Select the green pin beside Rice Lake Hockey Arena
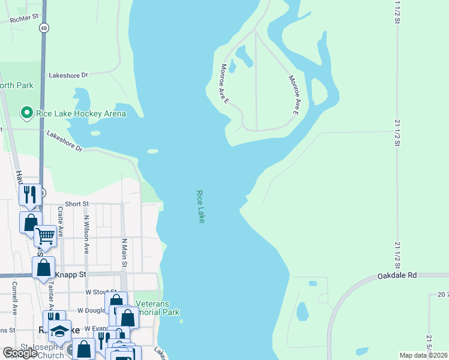point(26,112)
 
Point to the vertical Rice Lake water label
point(200,207)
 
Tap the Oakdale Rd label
point(397,276)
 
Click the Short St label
point(77,204)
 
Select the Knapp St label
point(71,274)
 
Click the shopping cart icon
point(45,235)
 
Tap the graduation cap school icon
point(60,330)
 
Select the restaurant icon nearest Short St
point(29,194)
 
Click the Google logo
point(20,353)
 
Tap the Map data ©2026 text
point(423,355)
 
